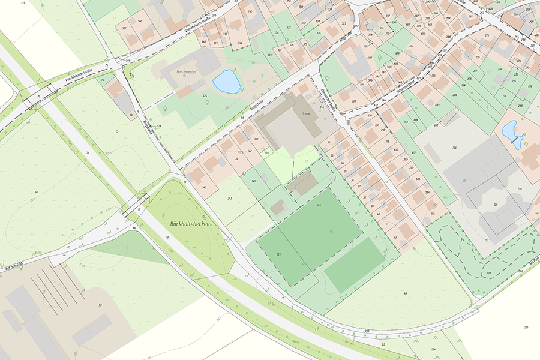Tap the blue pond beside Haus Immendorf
pyautogui.click(x=226, y=82)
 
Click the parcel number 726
pyautogui.click(x=454, y=148)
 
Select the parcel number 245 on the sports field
pyautogui.click(x=319, y=205)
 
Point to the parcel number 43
pyautogui.click(x=406, y=293)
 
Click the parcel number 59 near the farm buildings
pyautogui.click(x=100, y=305)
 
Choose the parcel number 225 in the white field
pyautogui.click(x=526, y=327)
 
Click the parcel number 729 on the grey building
pyautogui.click(x=496, y=205)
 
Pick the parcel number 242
pyautogui.click(x=205, y=188)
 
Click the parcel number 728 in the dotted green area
pyautogui.click(x=488, y=274)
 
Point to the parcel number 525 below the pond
pyautogui.click(x=205, y=95)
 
